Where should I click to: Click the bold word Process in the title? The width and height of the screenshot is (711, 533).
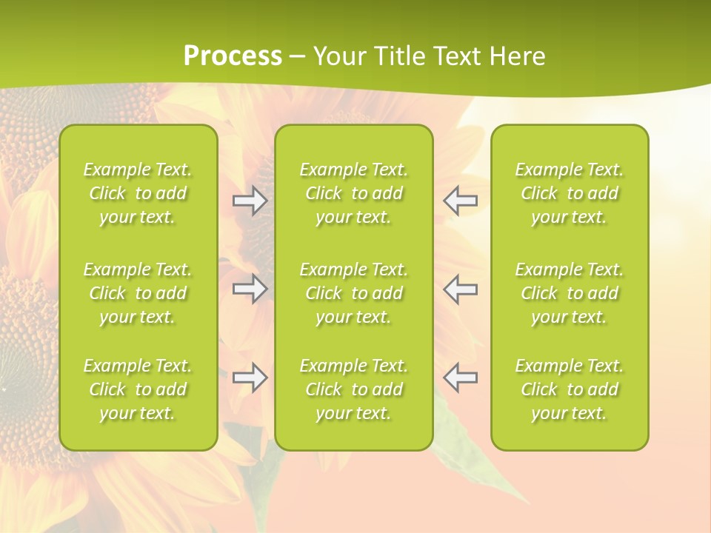[x=233, y=56]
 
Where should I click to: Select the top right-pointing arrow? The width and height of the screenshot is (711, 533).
[x=250, y=201]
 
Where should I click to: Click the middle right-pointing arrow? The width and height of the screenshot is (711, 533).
[x=250, y=289]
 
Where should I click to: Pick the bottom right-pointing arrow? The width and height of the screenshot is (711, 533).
[x=250, y=378]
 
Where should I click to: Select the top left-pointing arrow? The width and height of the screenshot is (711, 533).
[x=461, y=201]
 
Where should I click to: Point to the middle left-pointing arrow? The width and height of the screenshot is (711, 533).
[x=461, y=289]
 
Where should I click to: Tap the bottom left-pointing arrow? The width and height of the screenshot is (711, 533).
[x=461, y=378]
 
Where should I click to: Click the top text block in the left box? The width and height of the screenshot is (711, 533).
[x=138, y=193]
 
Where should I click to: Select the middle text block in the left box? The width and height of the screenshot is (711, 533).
[x=138, y=293]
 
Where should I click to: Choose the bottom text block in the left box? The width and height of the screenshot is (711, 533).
[x=138, y=389]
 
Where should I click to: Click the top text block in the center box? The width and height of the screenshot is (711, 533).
[x=354, y=193]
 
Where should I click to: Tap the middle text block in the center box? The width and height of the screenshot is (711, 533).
[x=354, y=293]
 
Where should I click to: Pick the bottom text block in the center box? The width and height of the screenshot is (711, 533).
[x=354, y=389]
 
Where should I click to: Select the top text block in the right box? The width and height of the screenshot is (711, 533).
[x=570, y=193]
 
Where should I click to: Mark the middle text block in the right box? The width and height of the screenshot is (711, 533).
[x=570, y=293]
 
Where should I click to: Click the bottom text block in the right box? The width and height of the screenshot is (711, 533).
[x=570, y=389]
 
